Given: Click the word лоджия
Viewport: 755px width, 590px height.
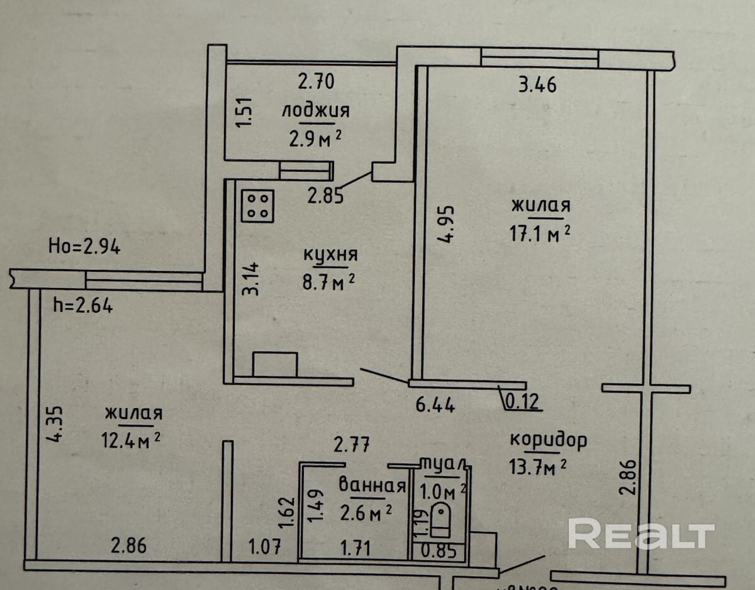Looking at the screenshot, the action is [x=315, y=111].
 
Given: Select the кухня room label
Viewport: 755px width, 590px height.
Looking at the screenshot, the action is [x=330, y=255].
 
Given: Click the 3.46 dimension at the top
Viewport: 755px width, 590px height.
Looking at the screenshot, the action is [x=537, y=84].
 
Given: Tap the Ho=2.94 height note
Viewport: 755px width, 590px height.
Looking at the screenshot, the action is [x=84, y=247].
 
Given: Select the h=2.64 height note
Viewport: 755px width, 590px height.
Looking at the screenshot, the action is [x=83, y=306].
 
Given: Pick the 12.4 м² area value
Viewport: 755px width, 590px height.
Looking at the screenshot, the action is [x=133, y=437].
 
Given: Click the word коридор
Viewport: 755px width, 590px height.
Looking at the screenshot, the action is [x=548, y=439].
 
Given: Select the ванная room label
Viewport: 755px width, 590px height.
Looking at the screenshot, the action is [x=371, y=486].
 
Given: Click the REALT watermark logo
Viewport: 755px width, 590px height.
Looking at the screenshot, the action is [x=641, y=534].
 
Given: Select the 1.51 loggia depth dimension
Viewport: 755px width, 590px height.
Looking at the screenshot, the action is [x=246, y=112].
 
